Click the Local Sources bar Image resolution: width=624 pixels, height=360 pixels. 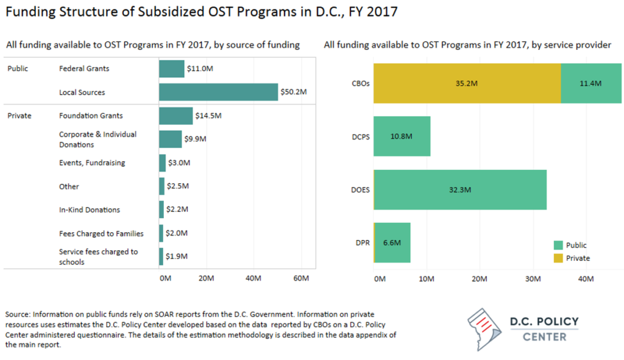[218, 92]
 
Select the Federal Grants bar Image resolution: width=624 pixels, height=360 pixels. [171, 69]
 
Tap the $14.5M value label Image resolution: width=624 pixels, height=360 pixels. [208, 116]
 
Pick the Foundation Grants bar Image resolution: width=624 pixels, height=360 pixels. [175, 116]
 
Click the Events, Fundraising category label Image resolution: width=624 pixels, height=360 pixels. [91, 163]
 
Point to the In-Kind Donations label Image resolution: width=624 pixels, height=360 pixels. [89, 210]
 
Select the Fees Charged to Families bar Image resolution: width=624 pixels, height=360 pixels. [161, 233]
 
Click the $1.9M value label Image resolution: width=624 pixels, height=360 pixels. [177, 256]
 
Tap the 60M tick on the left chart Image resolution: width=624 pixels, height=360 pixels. [301, 278]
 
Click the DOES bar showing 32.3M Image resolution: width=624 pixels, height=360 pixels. [459, 189]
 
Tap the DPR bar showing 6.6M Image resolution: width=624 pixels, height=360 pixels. [392, 242]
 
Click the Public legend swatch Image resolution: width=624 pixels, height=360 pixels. [558, 245]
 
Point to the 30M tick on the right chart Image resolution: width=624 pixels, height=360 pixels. [533, 278]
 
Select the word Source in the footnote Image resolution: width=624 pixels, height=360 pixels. [16, 314]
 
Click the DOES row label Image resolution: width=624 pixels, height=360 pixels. [361, 189]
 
